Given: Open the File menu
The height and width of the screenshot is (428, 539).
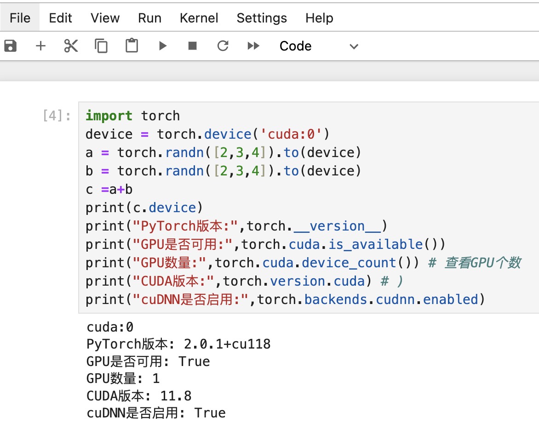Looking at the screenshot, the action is (x=20, y=18).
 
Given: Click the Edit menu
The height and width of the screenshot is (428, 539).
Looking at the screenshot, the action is (x=61, y=18).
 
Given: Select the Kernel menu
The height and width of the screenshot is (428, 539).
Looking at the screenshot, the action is (x=199, y=18).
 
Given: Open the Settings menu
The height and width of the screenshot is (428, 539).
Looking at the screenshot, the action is (x=262, y=18).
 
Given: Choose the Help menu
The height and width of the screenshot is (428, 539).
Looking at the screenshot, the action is (x=319, y=18).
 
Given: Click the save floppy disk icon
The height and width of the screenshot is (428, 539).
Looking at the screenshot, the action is (x=10, y=45).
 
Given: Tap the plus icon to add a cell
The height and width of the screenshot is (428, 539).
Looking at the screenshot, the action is (x=40, y=45).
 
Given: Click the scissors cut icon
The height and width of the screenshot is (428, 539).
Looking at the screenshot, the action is (x=71, y=45).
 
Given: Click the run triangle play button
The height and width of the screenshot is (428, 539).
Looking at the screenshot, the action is (x=163, y=45).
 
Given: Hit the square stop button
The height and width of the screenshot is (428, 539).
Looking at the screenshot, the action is (x=193, y=45).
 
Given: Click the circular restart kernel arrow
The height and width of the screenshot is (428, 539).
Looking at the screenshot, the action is (x=223, y=45).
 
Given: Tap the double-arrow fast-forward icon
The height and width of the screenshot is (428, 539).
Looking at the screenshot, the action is (x=253, y=45).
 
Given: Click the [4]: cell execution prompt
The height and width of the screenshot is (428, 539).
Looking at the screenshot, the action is (x=57, y=116).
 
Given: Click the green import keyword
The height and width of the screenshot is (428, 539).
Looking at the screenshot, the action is (x=109, y=116).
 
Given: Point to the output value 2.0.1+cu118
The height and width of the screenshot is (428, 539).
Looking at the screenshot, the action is (x=227, y=344).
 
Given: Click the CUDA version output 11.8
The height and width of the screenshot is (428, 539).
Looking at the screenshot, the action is (x=176, y=396).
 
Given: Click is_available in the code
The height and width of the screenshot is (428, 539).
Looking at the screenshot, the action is (x=376, y=244).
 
